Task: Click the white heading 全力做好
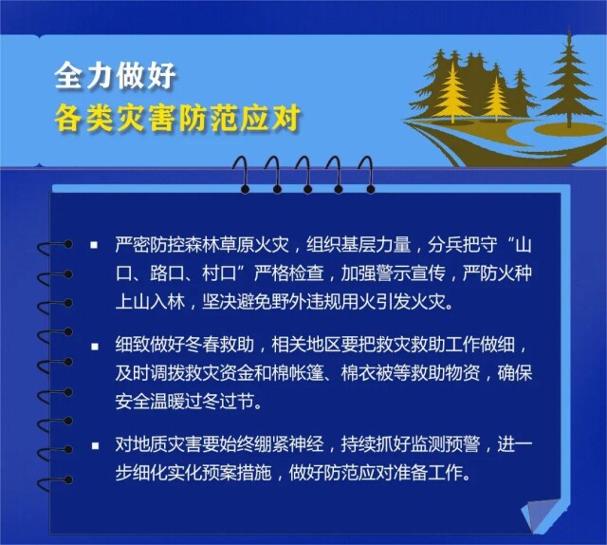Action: tap(116, 75)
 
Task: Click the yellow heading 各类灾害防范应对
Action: tap(177, 118)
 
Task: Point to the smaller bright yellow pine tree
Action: tap(496, 99)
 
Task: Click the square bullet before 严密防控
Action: tap(94, 245)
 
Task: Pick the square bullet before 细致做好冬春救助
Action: tap(95, 346)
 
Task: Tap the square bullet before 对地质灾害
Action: tap(95, 445)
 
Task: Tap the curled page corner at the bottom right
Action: tap(543, 514)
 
